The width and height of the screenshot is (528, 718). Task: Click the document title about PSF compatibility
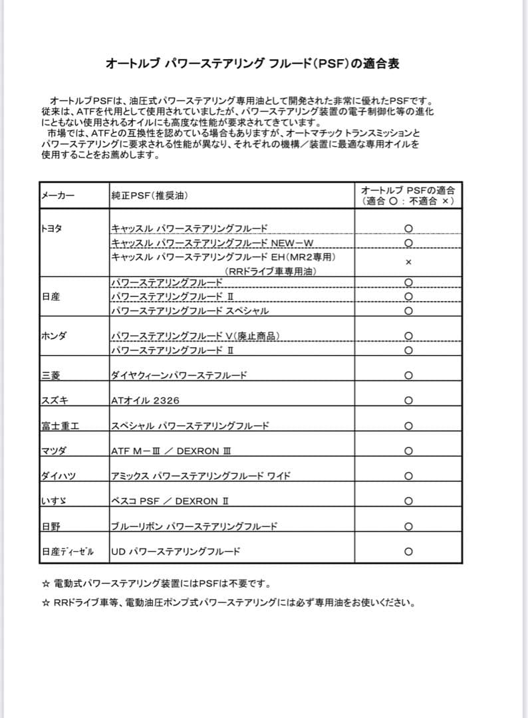(x=252, y=64)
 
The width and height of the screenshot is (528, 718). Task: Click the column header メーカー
(x=58, y=195)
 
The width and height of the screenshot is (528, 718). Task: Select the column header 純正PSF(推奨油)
(x=150, y=195)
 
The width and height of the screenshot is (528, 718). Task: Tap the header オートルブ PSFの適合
(x=408, y=195)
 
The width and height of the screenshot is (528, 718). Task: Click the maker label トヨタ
(x=52, y=228)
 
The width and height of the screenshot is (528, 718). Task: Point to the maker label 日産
(x=51, y=297)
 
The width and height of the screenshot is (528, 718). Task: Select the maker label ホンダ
(x=54, y=336)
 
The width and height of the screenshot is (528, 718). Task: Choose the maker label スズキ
(x=54, y=400)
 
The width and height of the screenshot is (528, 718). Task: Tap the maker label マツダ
(x=54, y=451)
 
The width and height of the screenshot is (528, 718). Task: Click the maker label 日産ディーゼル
(x=67, y=552)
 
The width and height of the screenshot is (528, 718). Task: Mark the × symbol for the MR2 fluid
(x=408, y=263)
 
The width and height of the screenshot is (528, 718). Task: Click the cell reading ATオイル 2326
(x=145, y=400)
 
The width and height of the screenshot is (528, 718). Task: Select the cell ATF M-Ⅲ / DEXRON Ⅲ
(x=171, y=451)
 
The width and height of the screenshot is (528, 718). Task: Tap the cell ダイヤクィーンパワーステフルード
(x=179, y=376)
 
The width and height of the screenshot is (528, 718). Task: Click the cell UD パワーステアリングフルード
(x=176, y=552)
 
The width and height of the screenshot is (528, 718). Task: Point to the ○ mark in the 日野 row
(x=408, y=527)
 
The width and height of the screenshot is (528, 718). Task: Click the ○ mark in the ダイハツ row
(x=408, y=476)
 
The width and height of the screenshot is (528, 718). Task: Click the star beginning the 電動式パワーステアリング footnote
(x=45, y=584)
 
